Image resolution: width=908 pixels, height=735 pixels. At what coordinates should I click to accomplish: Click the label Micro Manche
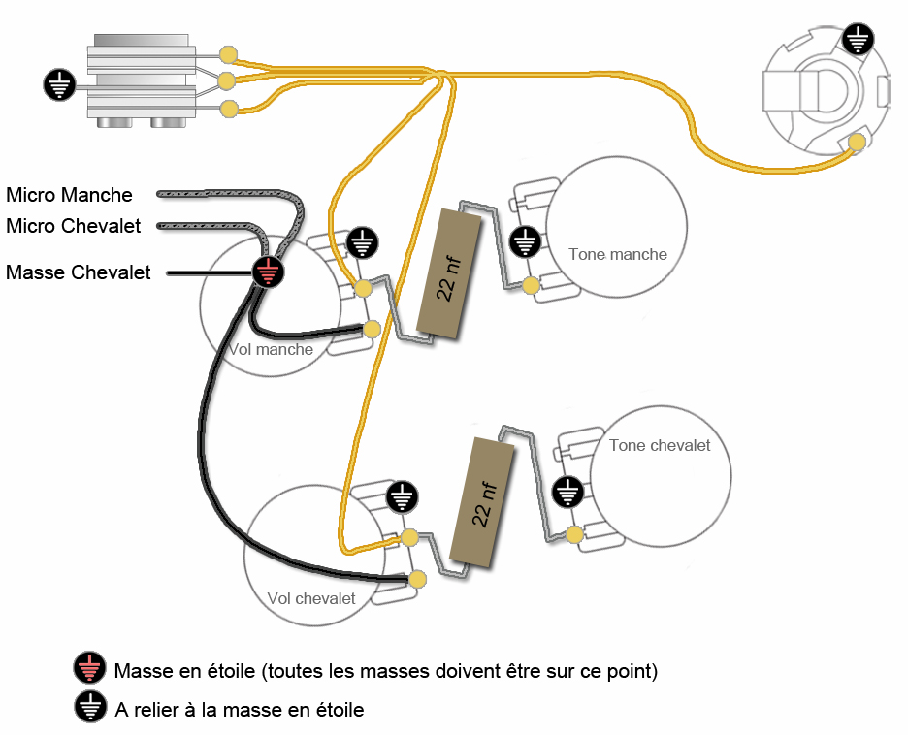69,195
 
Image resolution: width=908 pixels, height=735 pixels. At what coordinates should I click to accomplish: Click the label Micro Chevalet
74,226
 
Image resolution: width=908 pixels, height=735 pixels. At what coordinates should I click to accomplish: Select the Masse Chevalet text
79,272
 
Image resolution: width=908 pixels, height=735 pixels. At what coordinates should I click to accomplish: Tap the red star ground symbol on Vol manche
269,272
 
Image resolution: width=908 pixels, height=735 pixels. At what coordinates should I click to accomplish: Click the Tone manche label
618,254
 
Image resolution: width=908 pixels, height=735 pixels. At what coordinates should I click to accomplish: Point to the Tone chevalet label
660,445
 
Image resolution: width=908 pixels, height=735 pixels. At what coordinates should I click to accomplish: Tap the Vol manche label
271,349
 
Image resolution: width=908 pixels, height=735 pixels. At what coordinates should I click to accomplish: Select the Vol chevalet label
311,598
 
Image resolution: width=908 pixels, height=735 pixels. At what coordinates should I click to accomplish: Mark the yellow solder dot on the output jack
857,143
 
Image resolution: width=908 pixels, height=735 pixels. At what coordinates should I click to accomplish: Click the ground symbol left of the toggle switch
59,84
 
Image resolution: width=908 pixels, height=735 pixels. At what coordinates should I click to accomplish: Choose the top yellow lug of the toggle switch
229,53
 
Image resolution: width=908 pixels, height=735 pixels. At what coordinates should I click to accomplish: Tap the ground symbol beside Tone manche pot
526,241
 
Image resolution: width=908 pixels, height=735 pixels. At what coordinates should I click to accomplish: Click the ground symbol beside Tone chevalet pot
567,492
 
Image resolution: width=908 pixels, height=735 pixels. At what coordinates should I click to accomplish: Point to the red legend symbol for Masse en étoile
89,669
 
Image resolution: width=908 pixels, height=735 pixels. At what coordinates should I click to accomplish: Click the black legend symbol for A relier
89,708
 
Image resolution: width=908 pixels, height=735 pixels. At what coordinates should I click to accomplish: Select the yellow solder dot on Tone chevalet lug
576,534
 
